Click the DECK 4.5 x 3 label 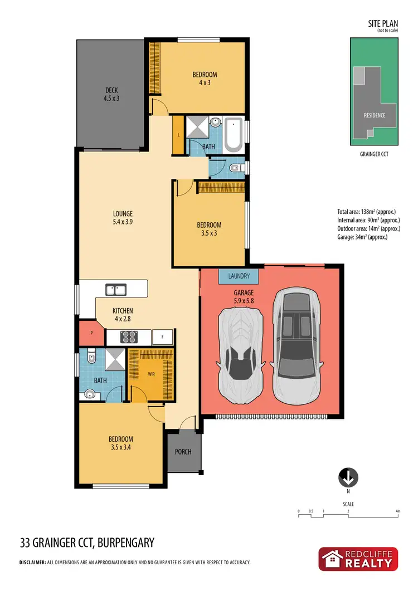click(x=111, y=94)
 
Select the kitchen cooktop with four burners click(x=129, y=336)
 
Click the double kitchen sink click(x=116, y=290)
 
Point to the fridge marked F click(x=162, y=337)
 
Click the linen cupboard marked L click(x=178, y=135)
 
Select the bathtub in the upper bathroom click(x=232, y=135)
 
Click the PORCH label click(x=183, y=452)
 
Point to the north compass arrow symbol click(x=348, y=477)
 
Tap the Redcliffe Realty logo click(x=358, y=559)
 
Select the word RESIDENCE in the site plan click(x=374, y=116)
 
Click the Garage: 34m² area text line click(x=362, y=237)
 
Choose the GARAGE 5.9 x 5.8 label click(x=243, y=296)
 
